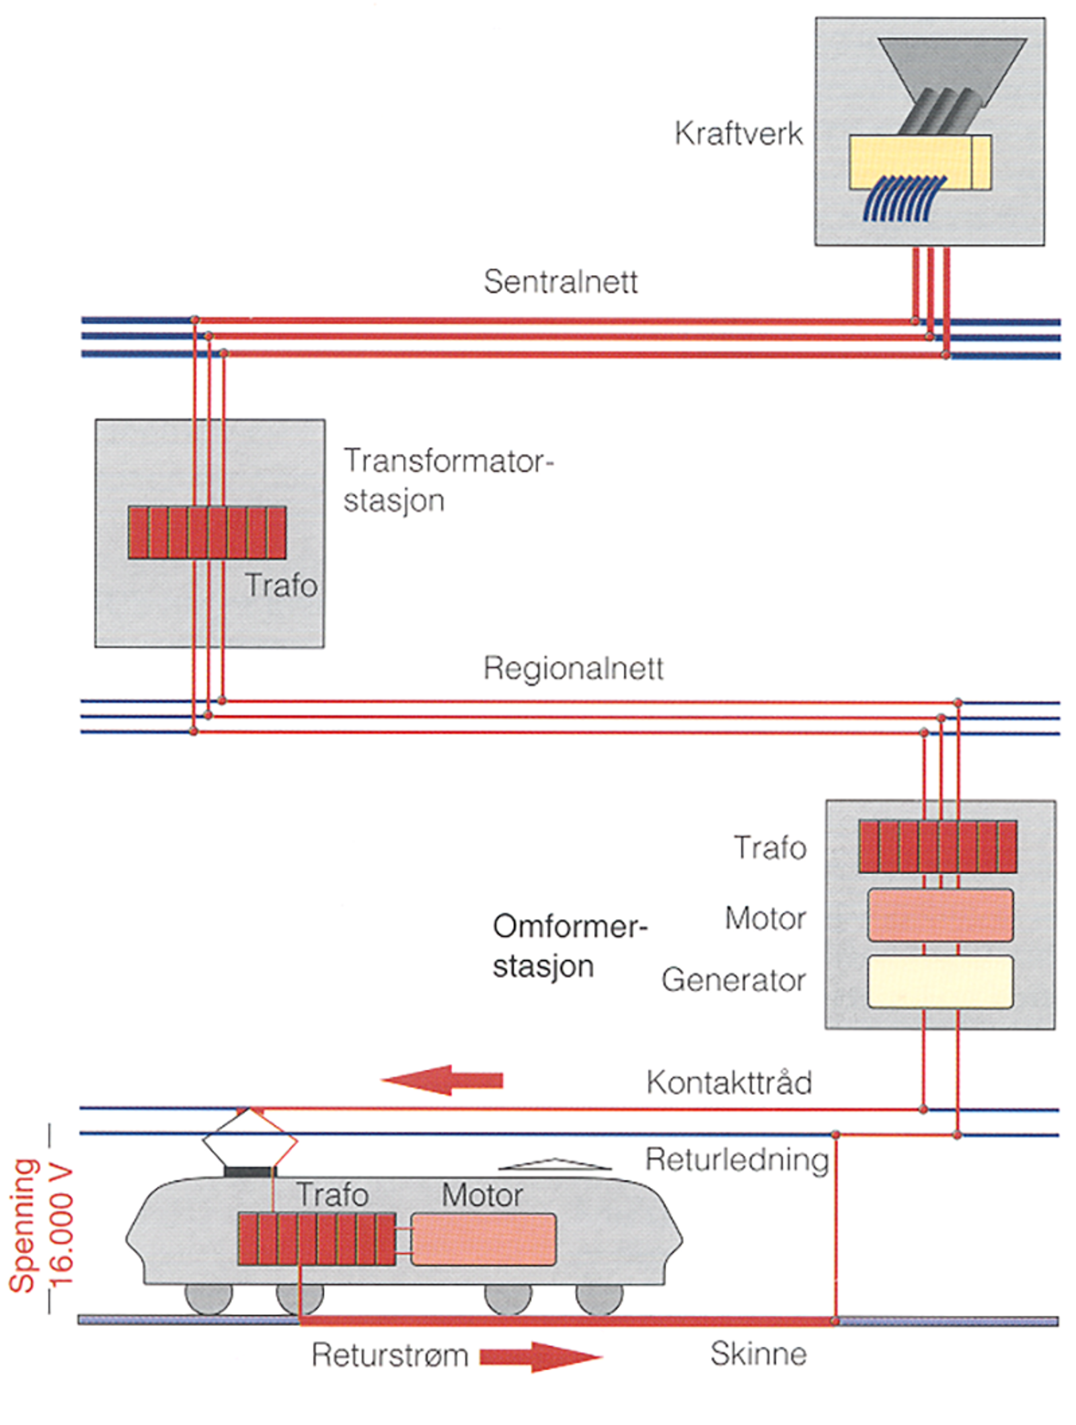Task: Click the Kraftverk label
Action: pos(738,133)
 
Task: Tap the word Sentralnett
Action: pos(560,282)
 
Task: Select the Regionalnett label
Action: pos(573,668)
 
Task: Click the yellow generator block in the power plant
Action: pos(919,162)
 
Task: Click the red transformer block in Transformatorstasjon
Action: pos(207,532)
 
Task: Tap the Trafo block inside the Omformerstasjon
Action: pos(937,846)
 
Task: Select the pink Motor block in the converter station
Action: pos(939,915)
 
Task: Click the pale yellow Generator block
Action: pos(939,981)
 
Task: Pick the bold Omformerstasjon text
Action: pos(568,946)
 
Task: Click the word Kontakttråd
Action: pos(729,1083)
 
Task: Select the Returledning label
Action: pos(736,1160)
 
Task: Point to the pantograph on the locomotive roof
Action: pos(249,1141)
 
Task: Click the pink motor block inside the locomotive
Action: pos(483,1239)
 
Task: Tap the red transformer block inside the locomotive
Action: pos(316,1239)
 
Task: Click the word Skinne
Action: pos(758,1354)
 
